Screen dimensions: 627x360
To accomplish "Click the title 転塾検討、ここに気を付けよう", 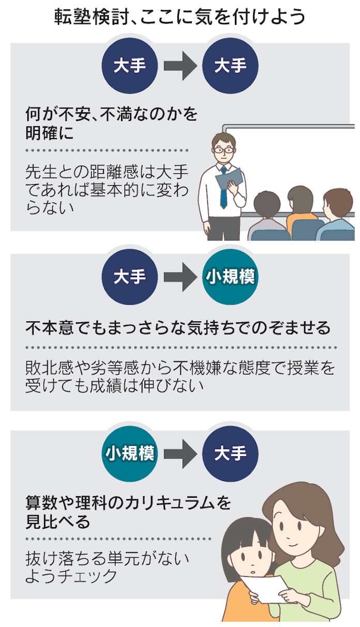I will [x=179, y=18].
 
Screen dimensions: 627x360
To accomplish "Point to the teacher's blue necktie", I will [x=223, y=189].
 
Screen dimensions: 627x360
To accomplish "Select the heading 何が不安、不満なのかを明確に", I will [x=111, y=123].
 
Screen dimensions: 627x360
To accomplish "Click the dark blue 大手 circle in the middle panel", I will [x=129, y=277].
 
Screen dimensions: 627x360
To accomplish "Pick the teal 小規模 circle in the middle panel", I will [x=230, y=277].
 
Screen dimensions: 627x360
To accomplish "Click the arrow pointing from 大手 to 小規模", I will [x=179, y=277].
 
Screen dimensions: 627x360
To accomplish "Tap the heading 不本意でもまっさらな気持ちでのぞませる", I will [x=177, y=327].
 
